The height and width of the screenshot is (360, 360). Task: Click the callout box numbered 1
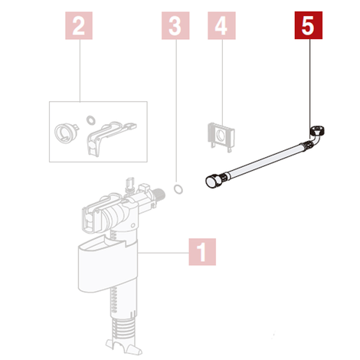coord(202,252)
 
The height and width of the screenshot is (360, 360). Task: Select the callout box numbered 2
coord(79,25)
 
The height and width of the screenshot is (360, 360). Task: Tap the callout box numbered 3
coord(175,25)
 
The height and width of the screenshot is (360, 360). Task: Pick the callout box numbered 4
coord(221,25)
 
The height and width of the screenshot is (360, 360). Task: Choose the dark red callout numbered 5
coord(309,25)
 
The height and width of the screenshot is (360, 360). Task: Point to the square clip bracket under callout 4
coord(221,137)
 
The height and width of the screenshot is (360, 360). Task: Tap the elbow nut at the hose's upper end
coord(318,131)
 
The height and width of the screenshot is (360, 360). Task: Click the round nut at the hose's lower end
coord(213,182)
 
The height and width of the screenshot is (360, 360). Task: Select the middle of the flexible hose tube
coord(263,160)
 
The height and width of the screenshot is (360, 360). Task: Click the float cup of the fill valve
coord(107,264)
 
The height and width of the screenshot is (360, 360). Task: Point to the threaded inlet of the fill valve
coord(159,194)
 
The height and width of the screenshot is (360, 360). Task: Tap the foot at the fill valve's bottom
coord(123,346)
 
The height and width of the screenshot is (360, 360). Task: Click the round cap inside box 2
coord(64,131)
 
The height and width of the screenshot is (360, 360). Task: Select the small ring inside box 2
coord(90,119)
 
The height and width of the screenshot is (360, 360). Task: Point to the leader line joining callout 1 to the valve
coord(163,253)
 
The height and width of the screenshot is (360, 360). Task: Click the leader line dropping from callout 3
coord(176,110)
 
